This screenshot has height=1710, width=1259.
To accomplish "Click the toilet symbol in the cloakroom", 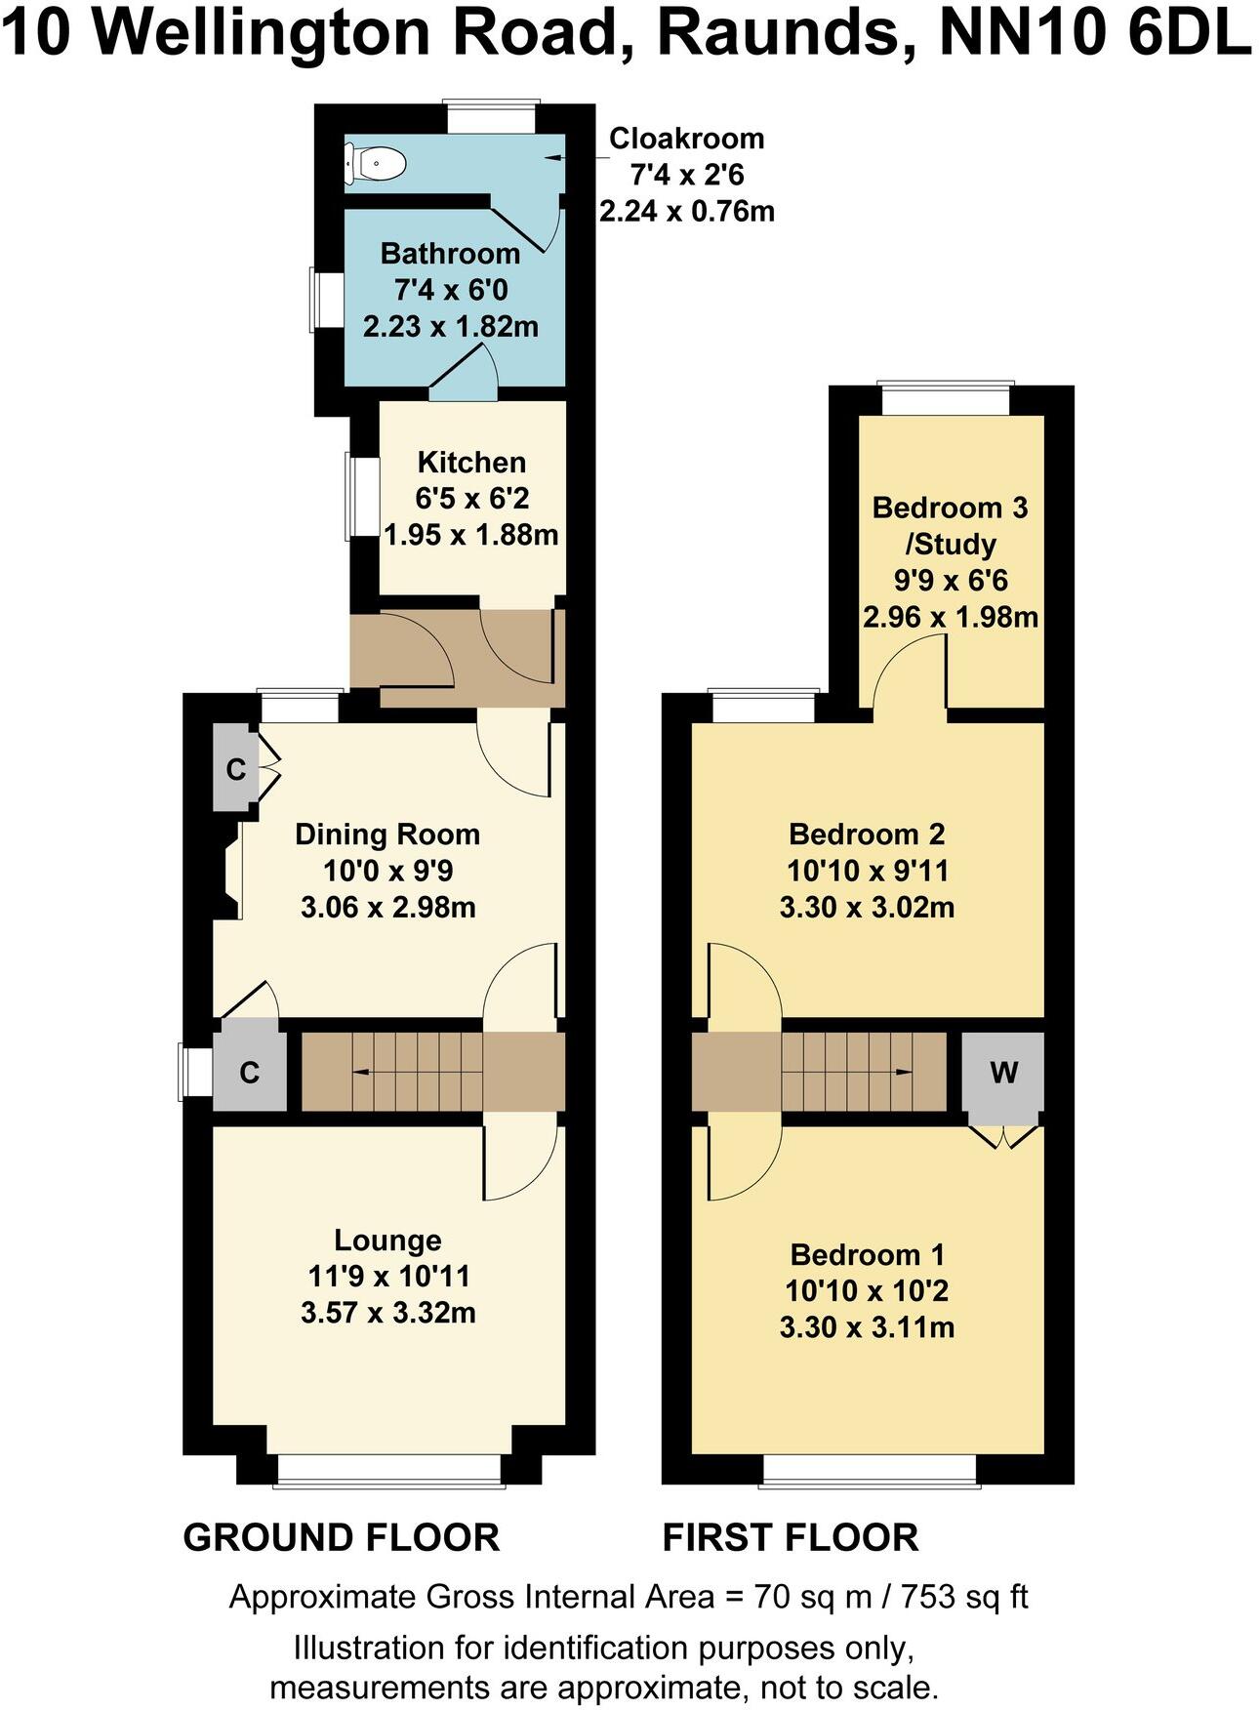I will [x=375, y=164].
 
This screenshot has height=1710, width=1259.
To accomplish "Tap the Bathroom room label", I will [x=450, y=254].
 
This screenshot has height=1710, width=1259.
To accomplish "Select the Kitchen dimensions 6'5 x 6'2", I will [x=471, y=499].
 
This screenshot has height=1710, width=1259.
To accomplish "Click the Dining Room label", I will [x=387, y=835].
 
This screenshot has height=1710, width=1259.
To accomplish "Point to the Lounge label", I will [x=387, y=1241].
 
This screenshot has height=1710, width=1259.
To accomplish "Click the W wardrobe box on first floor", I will [x=1003, y=1074].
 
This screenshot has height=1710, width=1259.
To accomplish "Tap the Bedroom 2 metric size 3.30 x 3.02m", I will [x=867, y=908].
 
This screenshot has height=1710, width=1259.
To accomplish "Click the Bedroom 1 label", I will [x=867, y=1255].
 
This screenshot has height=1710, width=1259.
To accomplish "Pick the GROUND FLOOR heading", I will [x=341, y=1537].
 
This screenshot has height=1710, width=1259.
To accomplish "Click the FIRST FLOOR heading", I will [x=790, y=1537].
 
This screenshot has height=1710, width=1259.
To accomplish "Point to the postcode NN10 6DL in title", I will [x=1093, y=33].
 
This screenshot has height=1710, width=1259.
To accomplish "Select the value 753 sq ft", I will [x=963, y=1597].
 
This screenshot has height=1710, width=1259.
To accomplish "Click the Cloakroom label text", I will [x=686, y=139].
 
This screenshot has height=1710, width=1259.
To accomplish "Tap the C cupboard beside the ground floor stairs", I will [x=250, y=1074].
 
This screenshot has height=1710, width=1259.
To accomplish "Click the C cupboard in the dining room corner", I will [x=235, y=769].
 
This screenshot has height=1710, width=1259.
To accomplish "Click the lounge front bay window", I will [x=388, y=1485].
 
